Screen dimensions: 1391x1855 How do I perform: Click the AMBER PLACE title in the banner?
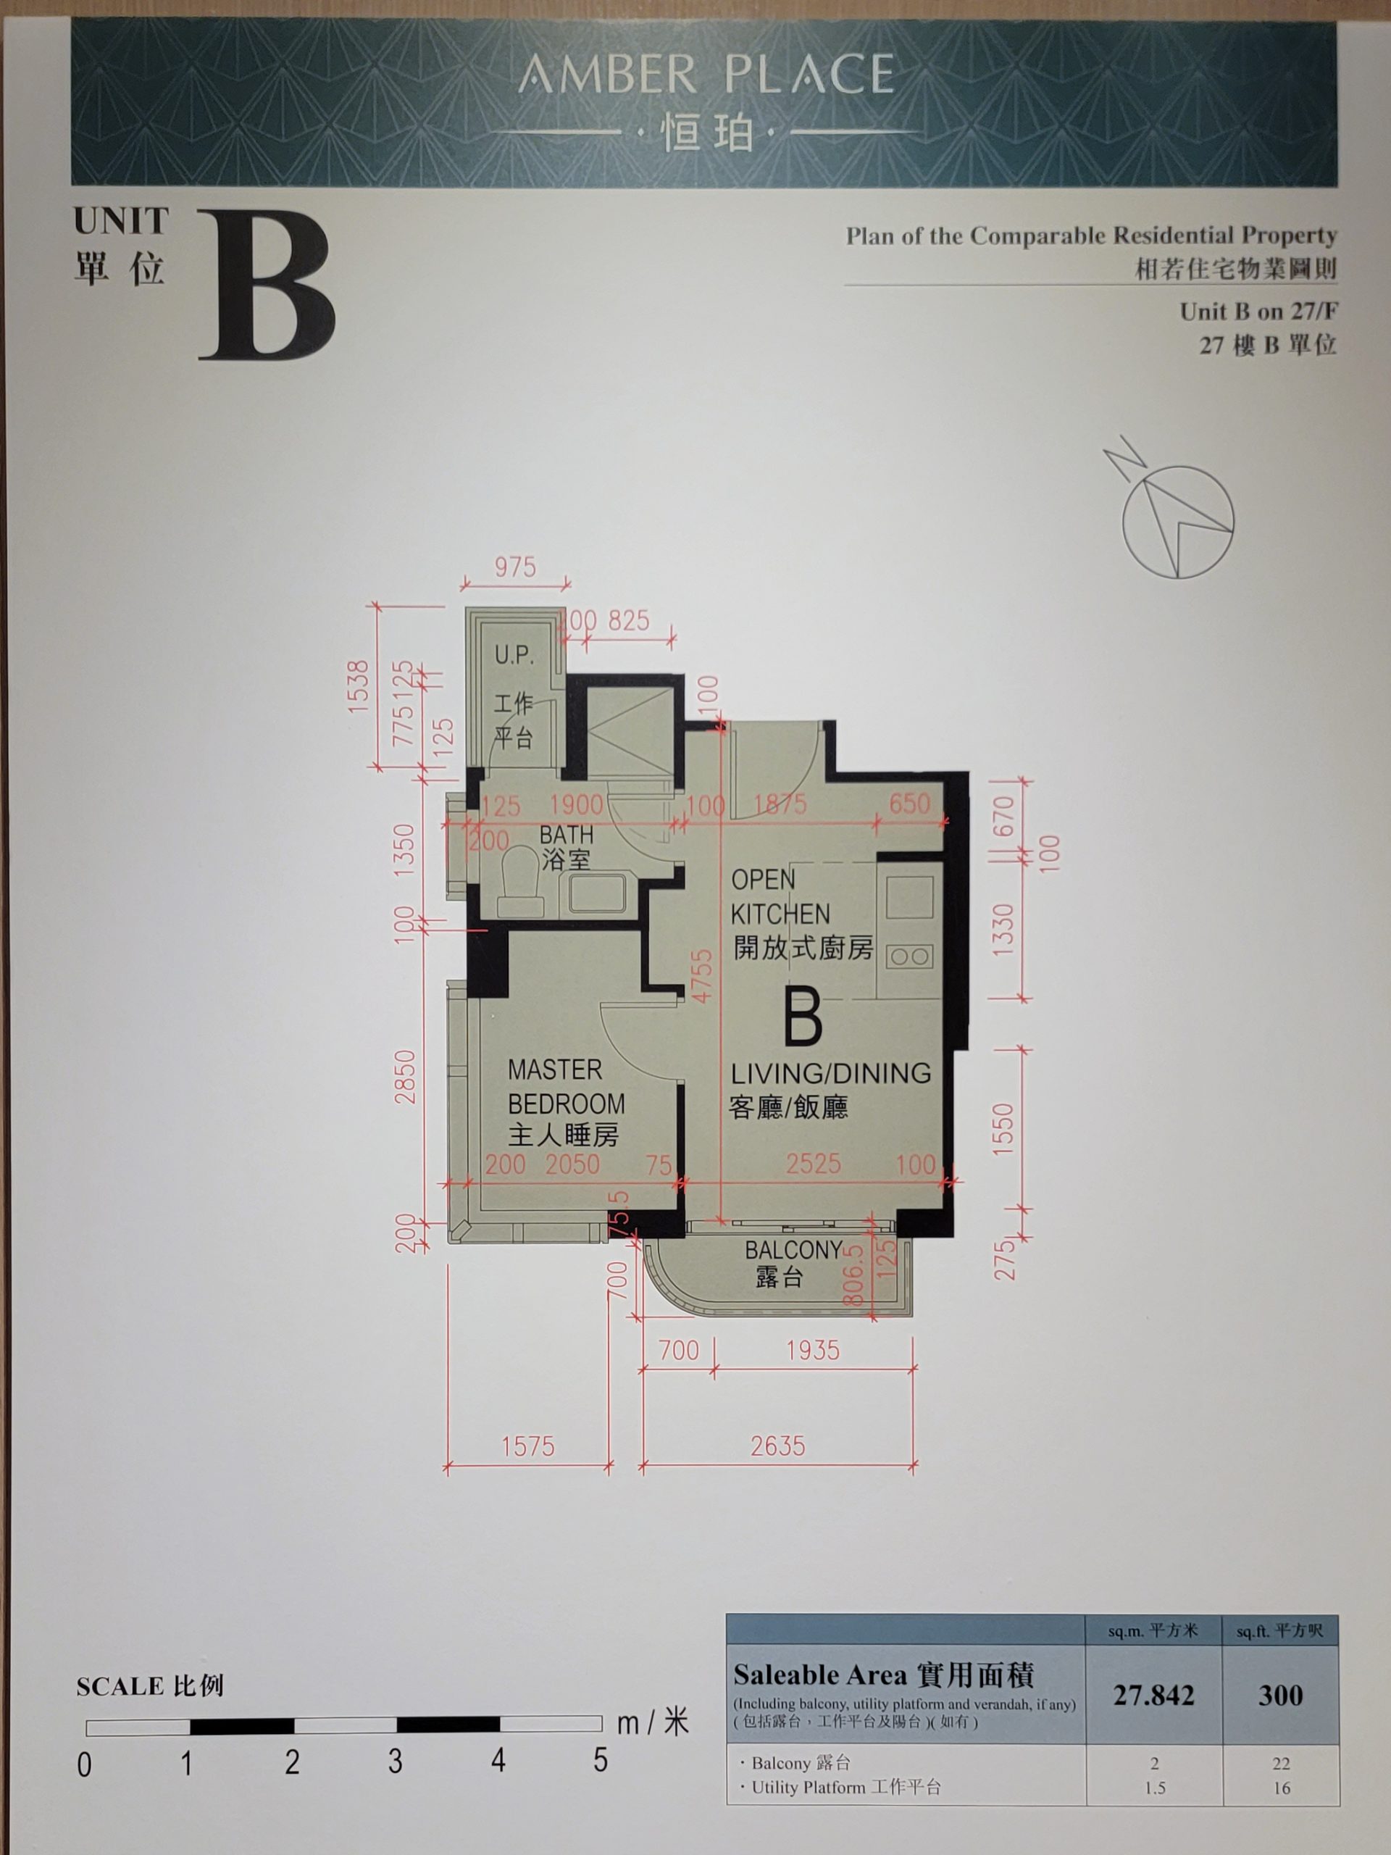tap(706, 74)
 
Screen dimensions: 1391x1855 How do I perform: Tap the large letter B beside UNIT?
tap(267, 285)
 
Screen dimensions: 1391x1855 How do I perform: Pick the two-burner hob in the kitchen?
tap(909, 956)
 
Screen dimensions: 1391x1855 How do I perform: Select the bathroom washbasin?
tap(596, 893)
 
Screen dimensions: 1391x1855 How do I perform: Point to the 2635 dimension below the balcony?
tap(777, 1446)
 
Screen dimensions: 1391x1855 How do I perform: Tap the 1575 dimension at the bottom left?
tap(527, 1446)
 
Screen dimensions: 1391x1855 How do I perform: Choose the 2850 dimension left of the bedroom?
tap(405, 1077)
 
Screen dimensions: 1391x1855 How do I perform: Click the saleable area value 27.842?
tap(1153, 1696)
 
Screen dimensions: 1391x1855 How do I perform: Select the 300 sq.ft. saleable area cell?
tap(1280, 1696)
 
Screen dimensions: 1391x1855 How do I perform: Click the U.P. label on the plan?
tap(513, 655)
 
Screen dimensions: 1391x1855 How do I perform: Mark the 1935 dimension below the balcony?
tap(812, 1350)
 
